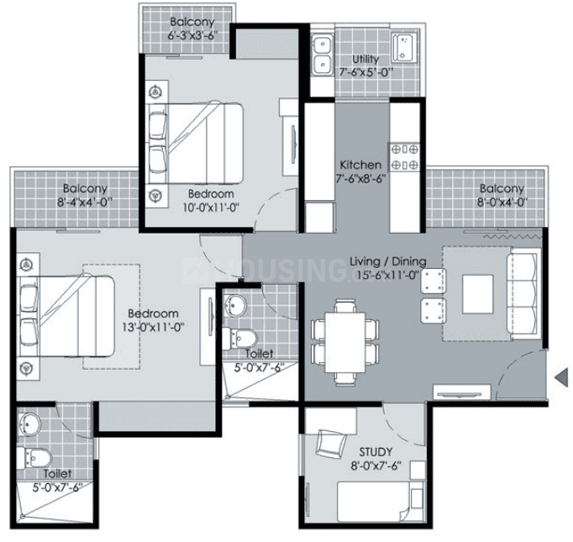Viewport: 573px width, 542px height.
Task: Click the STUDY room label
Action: (x=376, y=452)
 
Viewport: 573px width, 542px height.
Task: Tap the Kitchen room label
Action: (x=360, y=165)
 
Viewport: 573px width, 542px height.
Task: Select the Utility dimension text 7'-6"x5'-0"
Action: (x=365, y=72)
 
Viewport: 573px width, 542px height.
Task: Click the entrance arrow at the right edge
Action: (x=562, y=377)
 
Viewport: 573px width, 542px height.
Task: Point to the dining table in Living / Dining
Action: (x=345, y=343)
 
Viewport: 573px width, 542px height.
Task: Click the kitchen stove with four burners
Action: (x=404, y=157)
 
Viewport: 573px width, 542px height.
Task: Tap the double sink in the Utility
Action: (x=322, y=55)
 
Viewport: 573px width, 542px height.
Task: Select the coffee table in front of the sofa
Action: (x=477, y=294)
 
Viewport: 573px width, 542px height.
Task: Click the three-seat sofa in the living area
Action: (x=523, y=293)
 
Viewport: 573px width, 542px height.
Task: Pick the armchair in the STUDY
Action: (x=331, y=444)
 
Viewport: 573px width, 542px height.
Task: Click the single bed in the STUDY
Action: (x=380, y=502)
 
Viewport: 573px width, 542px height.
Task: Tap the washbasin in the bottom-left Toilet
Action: (x=29, y=424)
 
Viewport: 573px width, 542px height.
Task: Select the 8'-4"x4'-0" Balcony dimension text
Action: (x=85, y=203)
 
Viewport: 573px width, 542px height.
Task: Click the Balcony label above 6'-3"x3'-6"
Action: (x=192, y=22)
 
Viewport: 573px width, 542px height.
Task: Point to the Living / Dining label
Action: (x=388, y=261)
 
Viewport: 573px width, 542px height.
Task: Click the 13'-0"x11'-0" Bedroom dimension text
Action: (x=153, y=327)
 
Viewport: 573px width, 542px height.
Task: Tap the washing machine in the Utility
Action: (x=404, y=48)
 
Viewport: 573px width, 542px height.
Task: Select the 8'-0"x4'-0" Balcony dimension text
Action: (x=502, y=203)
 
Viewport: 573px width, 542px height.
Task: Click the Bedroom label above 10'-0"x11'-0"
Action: (x=211, y=194)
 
